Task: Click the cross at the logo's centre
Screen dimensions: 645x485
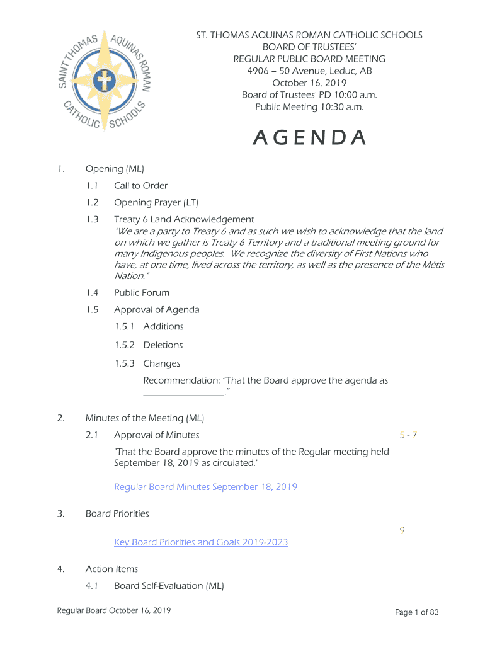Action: tap(103, 81)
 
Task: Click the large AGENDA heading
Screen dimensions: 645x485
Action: tap(309, 138)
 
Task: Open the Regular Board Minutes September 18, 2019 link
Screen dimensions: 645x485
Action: tap(205, 487)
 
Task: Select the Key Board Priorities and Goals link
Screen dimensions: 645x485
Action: tap(201, 542)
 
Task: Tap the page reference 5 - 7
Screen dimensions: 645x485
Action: tap(408, 435)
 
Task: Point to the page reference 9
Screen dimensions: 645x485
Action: tap(402, 530)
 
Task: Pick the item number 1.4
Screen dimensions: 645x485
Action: tap(93, 293)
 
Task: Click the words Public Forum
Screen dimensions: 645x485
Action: tap(142, 293)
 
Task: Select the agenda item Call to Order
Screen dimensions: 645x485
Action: tap(140, 186)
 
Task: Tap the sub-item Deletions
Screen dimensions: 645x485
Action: tap(163, 345)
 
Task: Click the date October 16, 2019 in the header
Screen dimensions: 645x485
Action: tap(309, 83)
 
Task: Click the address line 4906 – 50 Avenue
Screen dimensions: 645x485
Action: tap(309, 71)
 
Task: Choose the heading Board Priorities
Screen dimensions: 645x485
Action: tap(117, 514)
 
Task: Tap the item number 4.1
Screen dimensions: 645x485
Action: tap(93, 586)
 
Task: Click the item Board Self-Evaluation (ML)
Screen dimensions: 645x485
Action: tap(169, 586)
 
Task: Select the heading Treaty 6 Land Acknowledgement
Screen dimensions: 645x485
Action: tap(184, 220)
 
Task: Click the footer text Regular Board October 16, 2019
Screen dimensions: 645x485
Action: tap(113, 611)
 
